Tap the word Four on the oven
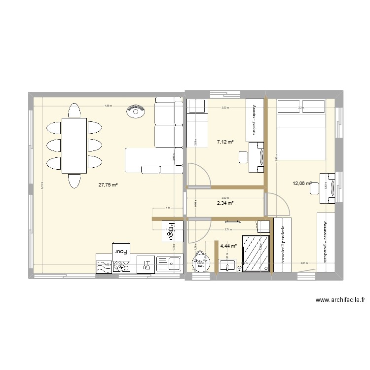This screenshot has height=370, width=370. (x=121, y=251)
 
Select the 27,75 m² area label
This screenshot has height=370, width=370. (x=108, y=185)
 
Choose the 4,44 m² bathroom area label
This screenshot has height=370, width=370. (x=228, y=245)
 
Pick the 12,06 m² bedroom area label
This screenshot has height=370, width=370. (x=301, y=184)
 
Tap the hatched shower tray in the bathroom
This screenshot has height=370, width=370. (x=256, y=253)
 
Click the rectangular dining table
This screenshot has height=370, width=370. (x=74, y=146)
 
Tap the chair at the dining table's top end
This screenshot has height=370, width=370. (x=74, y=111)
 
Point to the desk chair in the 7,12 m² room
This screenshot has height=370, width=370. (x=243, y=157)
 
